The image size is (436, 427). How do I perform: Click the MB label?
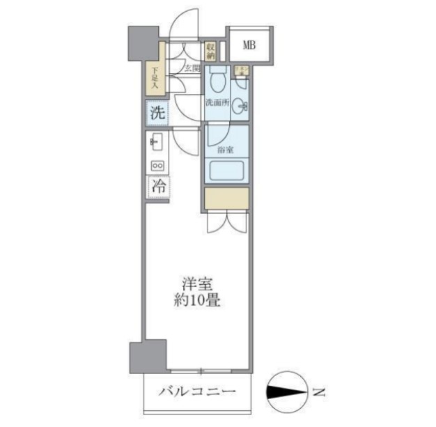249,45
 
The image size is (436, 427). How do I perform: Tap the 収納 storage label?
210,51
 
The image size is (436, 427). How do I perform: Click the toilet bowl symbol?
217,83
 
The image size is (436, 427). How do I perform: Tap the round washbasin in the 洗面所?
240,107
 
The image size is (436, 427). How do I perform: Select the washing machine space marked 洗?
157,112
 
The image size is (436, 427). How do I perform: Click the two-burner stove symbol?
157,166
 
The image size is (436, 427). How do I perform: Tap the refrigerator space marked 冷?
157,186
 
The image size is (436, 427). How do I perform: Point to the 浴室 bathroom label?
225,150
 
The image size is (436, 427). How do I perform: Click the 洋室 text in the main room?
198,285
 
